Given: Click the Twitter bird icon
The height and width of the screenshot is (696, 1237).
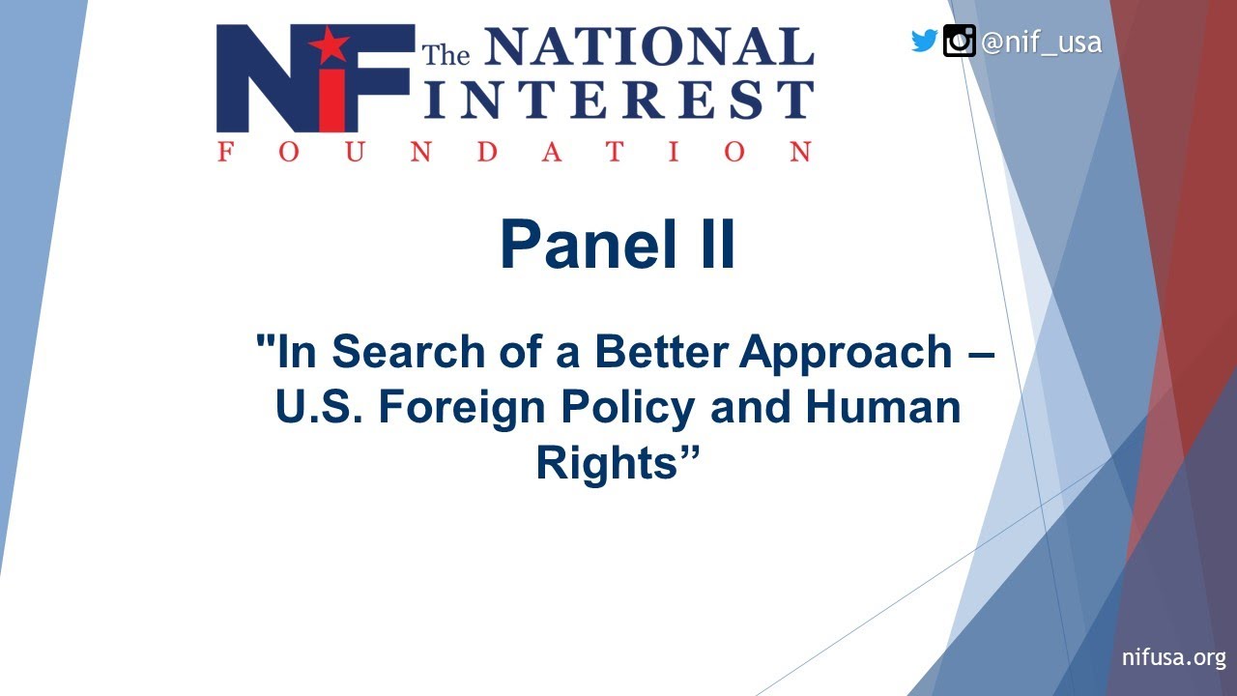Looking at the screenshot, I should pos(925,41).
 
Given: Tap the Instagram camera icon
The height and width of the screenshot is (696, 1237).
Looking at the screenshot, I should pos(959,41).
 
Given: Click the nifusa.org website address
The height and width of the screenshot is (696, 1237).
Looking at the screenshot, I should pos(1173,658).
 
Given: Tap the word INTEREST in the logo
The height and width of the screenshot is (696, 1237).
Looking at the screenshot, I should pos(619,101).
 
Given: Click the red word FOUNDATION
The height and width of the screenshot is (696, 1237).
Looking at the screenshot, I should pos(514,152).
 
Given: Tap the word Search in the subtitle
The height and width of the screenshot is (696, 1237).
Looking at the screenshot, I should pos(388,352).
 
